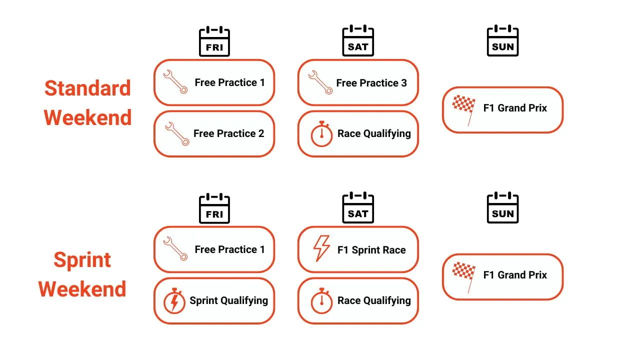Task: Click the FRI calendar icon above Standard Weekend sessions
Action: click(x=214, y=41)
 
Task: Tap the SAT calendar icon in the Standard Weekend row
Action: click(x=358, y=40)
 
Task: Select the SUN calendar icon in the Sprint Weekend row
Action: click(x=502, y=207)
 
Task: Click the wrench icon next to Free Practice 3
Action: click(x=320, y=82)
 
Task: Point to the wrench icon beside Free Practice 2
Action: click(x=177, y=134)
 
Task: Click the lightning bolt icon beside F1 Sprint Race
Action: click(x=321, y=248)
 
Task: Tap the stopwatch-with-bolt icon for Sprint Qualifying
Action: click(x=174, y=301)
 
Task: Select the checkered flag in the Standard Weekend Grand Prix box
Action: click(x=464, y=110)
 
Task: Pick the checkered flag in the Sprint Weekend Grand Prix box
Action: click(x=464, y=277)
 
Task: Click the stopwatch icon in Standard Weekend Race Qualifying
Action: click(x=321, y=133)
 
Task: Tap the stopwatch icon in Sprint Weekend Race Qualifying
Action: click(x=321, y=301)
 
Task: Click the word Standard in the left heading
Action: click(x=87, y=88)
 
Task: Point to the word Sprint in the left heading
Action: click(x=82, y=260)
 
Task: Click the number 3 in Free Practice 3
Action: click(x=404, y=83)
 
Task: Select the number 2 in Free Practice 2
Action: click(x=261, y=133)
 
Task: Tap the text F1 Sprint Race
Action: click(x=371, y=250)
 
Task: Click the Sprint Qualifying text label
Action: click(x=229, y=301)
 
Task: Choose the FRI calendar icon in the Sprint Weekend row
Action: click(x=214, y=208)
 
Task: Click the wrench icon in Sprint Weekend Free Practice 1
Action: click(x=175, y=248)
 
